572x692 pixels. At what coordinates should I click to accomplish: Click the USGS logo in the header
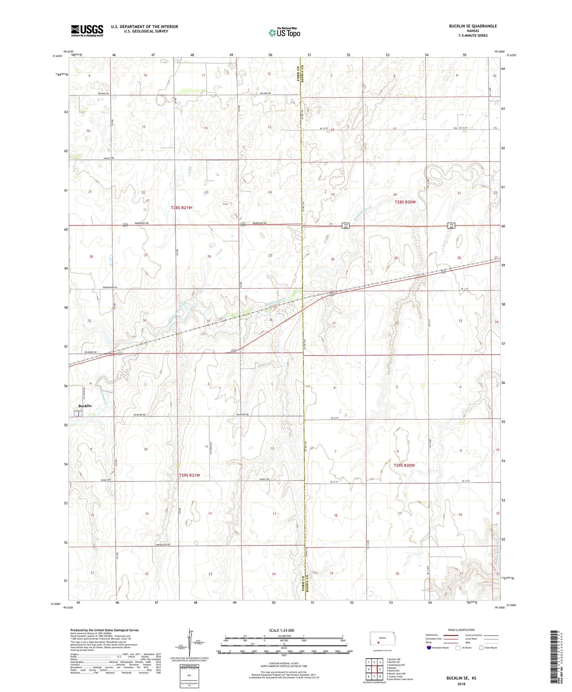point(87,31)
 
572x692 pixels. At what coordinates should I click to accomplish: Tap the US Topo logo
point(284,32)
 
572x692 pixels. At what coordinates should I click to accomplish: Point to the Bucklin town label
point(85,406)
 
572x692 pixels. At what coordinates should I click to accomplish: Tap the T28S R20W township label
point(405,202)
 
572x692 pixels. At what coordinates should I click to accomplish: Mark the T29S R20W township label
point(404,465)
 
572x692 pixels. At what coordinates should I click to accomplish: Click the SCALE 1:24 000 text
point(281,630)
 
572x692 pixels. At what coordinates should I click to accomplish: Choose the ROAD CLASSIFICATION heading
point(462,630)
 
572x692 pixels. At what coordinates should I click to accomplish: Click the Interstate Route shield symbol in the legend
point(429,648)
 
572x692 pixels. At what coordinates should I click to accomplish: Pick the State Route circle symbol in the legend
point(481,648)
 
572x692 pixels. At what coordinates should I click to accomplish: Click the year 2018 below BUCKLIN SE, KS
point(461,684)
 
